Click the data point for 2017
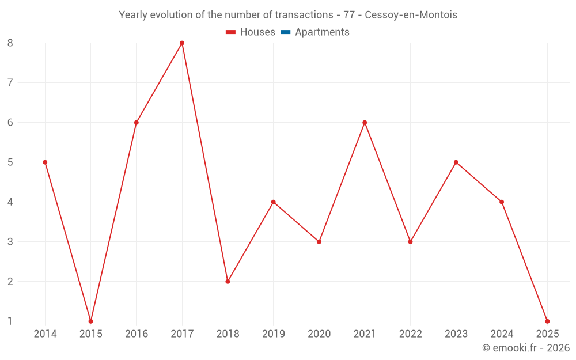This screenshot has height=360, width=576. coord(182,43)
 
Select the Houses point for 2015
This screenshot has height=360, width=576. coord(90,321)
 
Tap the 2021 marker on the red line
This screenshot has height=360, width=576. coord(365,123)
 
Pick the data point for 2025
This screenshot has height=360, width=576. coord(547,321)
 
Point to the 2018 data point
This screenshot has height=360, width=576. coord(228,281)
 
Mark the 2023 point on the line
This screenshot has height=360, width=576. coord(456,162)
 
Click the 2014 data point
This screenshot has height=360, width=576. coord(45,162)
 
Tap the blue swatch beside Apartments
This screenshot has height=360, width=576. coord(285,32)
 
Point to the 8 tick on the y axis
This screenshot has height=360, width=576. coord(10,43)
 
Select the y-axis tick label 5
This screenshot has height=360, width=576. coord(10,162)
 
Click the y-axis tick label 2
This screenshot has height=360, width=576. coord(10,281)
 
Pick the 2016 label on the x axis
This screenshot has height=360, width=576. coord(137,334)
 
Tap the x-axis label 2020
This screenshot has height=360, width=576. coord(319,334)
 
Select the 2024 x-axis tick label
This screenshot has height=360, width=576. coord(502,334)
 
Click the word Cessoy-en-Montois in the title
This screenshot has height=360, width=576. coord(411,15)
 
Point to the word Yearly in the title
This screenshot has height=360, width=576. coord(133,15)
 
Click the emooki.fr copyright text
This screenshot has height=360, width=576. coord(526,348)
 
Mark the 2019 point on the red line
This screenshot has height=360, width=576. coord(273,202)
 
